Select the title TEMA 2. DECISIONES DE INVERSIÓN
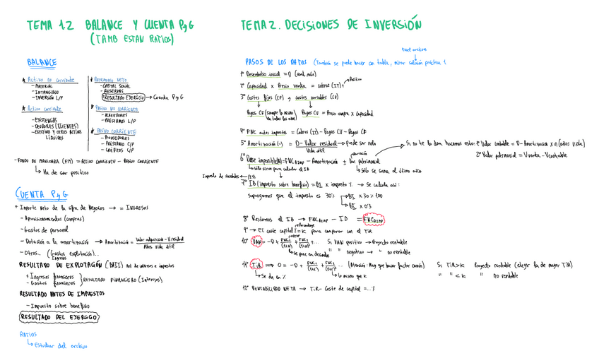click(x=331, y=25)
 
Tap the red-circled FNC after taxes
click(x=373, y=220)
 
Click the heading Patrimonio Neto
click(x=111, y=80)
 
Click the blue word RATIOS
click(x=28, y=335)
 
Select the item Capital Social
click(x=115, y=86)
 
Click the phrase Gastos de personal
click(x=47, y=230)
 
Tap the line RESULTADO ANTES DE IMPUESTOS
click(x=58, y=293)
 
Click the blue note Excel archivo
click(x=414, y=49)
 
